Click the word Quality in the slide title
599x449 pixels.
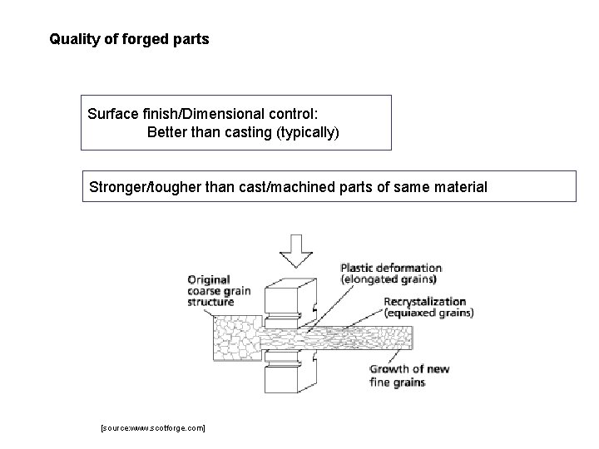[71, 39]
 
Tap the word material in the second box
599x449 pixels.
[459, 187]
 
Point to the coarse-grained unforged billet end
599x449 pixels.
[236, 341]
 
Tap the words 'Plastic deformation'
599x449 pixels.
[390, 268]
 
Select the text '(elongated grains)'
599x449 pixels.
[389, 279]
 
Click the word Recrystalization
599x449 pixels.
[424, 301]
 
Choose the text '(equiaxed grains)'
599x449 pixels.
[428, 313]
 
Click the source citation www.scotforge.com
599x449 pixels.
[152, 427]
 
